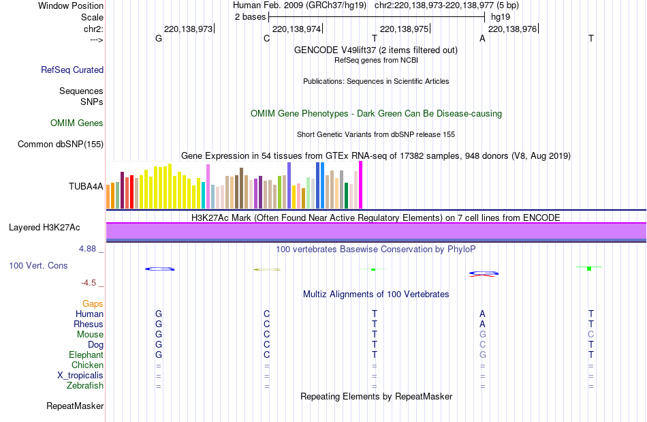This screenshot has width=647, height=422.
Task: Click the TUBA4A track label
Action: pyautogui.click(x=86, y=186)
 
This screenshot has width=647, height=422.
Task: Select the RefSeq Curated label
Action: pyautogui.click(x=72, y=70)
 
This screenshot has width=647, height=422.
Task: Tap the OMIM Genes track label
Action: pyautogui.click(x=77, y=123)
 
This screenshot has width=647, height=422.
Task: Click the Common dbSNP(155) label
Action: pyautogui.click(x=61, y=144)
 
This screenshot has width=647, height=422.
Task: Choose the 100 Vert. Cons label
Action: pyautogui.click(x=38, y=265)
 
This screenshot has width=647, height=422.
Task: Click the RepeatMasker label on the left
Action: pyautogui.click(x=75, y=406)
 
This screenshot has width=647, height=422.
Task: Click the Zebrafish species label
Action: pyautogui.click(x=84, y=386)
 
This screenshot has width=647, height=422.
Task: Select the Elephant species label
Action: pyautogui.click(x=86, y=355)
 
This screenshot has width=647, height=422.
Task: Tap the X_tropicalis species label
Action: pyautogui.click(x=80, y=376)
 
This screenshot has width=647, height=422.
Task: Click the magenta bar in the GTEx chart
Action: pyautogui.click(x=360, y=185)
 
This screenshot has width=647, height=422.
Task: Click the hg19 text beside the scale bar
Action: pyautogui.click(x=501, y=16)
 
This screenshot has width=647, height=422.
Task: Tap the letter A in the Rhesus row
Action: pyautogui.click(x=482, y=325)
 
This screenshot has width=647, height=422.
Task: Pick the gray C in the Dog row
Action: pyautogui.click(x=482, y=345)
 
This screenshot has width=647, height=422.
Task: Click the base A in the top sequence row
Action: pyautogui.click(x=482, y=39)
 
